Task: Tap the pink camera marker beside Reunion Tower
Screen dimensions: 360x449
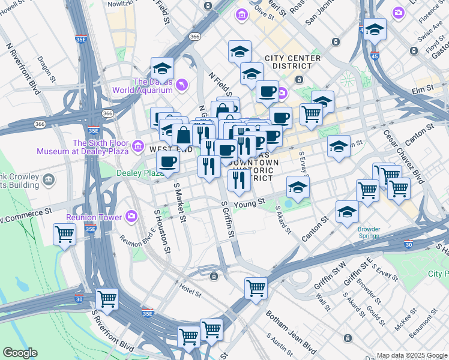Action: point(131,216)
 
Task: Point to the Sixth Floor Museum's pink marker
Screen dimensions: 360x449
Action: point(139,146)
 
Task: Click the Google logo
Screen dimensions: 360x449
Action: point(20,353)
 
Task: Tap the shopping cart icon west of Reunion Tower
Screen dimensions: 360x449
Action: point(64,234)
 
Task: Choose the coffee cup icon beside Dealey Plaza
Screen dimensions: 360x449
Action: point(167,161)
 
